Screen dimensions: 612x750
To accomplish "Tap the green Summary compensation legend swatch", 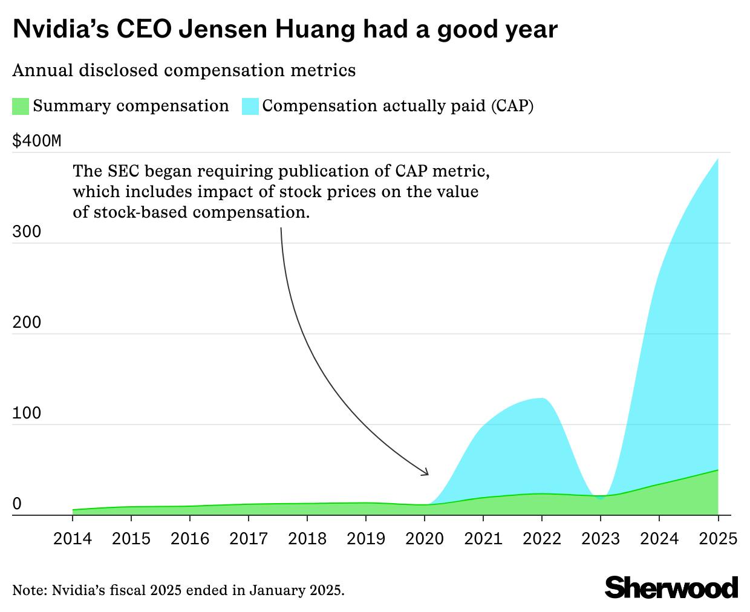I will (x=21, y=106).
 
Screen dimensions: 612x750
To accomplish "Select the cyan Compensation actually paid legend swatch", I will (x=250, y=106).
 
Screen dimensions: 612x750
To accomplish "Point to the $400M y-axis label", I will (x=37, y=142).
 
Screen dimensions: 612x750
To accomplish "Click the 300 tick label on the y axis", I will (x=27, y=232).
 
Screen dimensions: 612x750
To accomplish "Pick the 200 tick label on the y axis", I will (x=27, y=323).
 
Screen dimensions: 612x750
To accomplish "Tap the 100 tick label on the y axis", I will (x=27, y=414).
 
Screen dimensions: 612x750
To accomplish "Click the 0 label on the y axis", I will (x=17, y=504).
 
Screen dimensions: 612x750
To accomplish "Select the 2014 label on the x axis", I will (x=73, y=538).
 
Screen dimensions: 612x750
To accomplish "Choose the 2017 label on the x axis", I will (x=249, y=538).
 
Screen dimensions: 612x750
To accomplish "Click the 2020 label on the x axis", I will (x=425, y=538).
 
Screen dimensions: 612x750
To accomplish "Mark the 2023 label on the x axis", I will (x=601, y=538).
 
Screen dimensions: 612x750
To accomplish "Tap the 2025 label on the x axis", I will (x=717, y=538).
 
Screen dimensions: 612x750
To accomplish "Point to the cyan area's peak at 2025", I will (x=717, y=160).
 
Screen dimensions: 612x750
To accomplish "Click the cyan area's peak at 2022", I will (x=542, y=399).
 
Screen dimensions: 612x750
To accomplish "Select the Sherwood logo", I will (x=671, y=587).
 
